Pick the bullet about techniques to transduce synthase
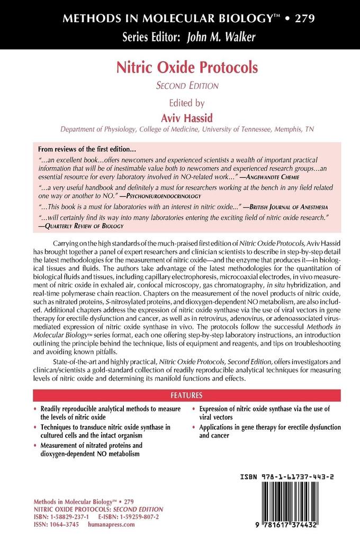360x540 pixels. (109, 431)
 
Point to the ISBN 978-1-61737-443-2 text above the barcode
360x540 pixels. (294, 476)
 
